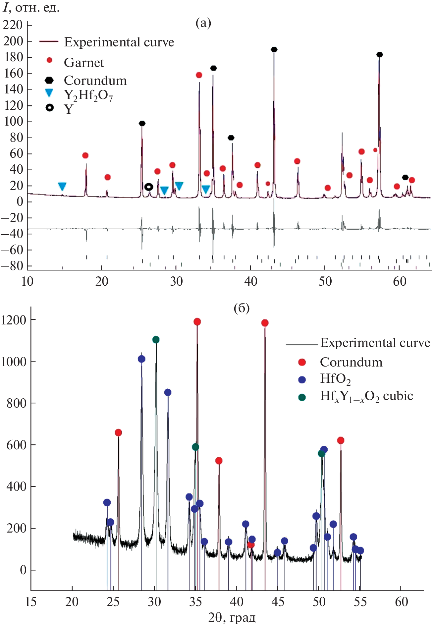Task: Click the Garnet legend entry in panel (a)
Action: tap(83, 62)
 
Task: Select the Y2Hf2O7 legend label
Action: tap(88, 95)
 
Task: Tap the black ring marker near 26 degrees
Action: tap(149, 187)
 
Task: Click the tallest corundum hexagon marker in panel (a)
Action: tap(274, 50)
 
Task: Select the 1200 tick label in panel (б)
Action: tap(13, 320)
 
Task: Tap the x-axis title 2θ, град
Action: tap(232, 617)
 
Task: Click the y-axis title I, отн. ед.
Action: tap(31, 7)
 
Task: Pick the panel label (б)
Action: tap(241, 308)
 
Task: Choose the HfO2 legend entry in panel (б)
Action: tap(335, 379)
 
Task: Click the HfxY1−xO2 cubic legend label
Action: tap(366, 396)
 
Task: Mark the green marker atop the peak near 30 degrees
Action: tap(156, 340)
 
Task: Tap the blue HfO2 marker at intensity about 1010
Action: tap(141, 359)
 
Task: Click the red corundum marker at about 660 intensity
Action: tap(118, 432)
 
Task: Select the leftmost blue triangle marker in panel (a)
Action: tap(62, 187)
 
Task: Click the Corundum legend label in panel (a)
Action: tap(95, 80)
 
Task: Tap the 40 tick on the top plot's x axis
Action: tap(251, 282)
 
